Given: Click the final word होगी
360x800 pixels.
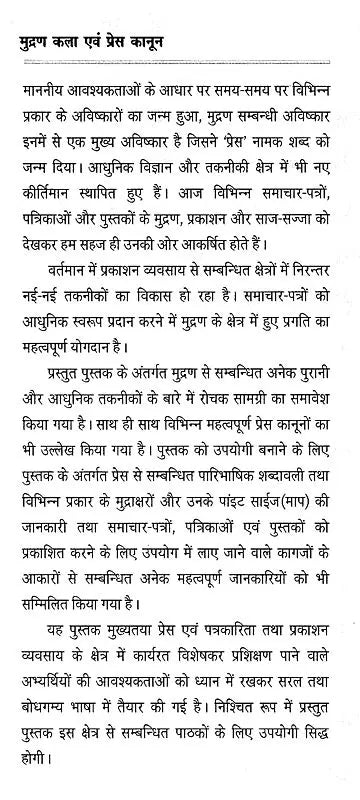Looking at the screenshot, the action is click(x=37, y=766).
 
